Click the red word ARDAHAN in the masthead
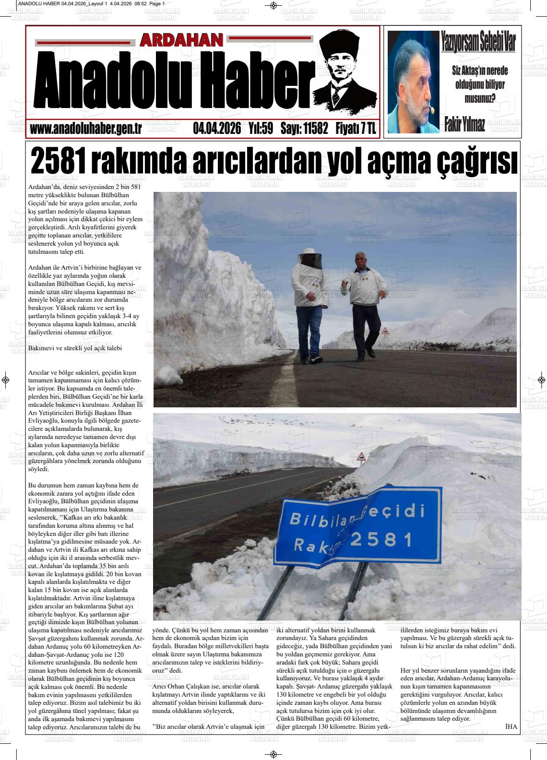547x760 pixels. [x=181, y=41]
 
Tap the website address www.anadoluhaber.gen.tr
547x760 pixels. [x=85, y=129]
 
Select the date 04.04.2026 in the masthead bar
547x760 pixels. [x=217, y=129]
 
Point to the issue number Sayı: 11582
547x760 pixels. [x=304, y=129]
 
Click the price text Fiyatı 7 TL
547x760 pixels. [x=356, y=129]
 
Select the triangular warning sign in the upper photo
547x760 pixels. [x=385, y=331]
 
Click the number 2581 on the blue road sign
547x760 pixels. [x=381, y=539]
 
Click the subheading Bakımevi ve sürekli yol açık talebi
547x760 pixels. [x=75, y=348]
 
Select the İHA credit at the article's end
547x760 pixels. [x=511, y=726]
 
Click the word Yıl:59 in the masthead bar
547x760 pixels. [x=261, y=129]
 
